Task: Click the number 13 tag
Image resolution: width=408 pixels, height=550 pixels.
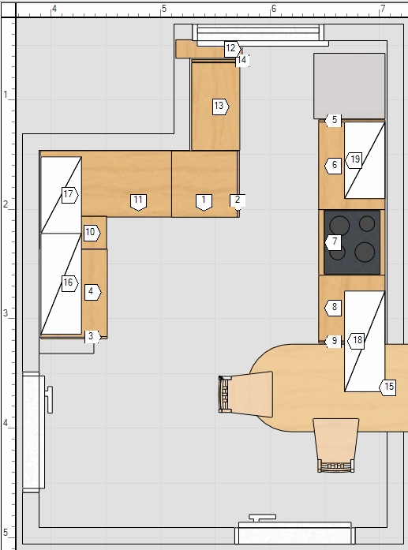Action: coord(221,107)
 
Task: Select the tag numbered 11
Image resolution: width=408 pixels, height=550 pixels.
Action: coord(138,202)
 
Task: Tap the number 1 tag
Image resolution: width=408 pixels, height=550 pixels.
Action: coord(204,202)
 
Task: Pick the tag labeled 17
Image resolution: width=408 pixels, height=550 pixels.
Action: coord(69,195)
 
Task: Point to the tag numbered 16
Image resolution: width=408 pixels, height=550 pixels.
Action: coord(69,283)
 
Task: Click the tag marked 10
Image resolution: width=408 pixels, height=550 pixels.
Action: coord(92,233)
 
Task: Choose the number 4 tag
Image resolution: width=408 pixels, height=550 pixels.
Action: coord(92,292)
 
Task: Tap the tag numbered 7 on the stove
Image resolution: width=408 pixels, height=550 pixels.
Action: coord(333,242)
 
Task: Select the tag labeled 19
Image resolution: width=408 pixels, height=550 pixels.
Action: coord(354,160)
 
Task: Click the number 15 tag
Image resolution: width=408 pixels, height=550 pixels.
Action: coord(387,387)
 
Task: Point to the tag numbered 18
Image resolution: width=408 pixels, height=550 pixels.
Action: coord(356,341)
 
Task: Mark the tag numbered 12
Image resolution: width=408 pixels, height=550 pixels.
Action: coord(233,48)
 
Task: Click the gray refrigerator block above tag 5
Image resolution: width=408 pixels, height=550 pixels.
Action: coord(349,86)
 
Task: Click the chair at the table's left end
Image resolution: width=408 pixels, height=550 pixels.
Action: coord(245,394)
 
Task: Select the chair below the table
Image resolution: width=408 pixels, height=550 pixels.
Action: coord(336,445)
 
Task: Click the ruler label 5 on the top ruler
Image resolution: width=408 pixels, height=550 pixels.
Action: coord(164,9)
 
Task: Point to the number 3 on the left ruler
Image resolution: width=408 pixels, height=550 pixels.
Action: coord(6,313)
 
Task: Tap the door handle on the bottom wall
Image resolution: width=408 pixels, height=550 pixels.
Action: coord(263,518)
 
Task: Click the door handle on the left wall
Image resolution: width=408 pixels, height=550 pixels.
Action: coord(50,399)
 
